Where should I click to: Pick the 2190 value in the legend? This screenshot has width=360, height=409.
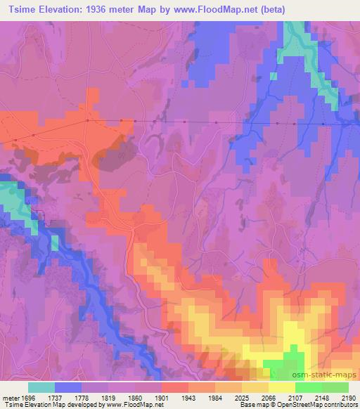click(349, 396)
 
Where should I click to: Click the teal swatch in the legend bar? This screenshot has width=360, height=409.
click(41, 387)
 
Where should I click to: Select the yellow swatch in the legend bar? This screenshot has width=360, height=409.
click(282, 387)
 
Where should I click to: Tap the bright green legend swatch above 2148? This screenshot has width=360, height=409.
click(309, 387)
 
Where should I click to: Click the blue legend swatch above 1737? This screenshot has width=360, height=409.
click(68, 387)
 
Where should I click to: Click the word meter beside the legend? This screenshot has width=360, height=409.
click(11, 396)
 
